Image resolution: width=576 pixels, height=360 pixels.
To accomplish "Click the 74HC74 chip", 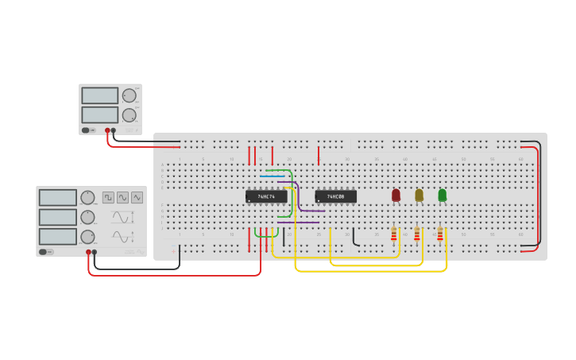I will (x=266, y=196).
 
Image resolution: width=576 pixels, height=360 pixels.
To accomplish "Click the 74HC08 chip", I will (x=335, y=196).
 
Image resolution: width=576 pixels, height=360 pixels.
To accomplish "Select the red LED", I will (x=396, y=195).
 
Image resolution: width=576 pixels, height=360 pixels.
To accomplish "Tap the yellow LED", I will (x=419, y=195).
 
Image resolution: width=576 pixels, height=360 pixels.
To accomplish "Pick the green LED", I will (x=442, y=195).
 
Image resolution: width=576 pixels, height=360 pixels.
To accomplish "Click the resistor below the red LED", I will (x=393, y=234).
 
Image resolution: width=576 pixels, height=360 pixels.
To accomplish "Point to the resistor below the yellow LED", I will (x=416, y=234).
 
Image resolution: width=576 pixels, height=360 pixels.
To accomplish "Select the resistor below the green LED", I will (x=439, y=234).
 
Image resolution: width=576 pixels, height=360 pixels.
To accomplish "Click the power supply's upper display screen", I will (x=99, y=95).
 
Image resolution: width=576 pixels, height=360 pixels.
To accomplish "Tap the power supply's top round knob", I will (x=130, y=95).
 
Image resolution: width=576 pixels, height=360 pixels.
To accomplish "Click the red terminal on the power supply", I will (x=107, y=130).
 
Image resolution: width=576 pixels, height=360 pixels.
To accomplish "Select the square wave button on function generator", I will (x=108, y=197).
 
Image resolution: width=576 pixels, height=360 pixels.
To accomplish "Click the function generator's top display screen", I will (x=57, y=197).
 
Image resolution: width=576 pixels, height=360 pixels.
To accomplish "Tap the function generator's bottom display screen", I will (x=57, y=237).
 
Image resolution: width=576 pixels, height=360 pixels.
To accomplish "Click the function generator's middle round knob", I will (x=87, y=217).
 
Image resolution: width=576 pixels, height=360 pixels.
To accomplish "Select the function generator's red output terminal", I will (x=88, y=253).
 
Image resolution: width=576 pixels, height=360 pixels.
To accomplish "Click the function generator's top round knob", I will (x=87, y=197).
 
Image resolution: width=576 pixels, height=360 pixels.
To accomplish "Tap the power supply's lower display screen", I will (x=99, y=114).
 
